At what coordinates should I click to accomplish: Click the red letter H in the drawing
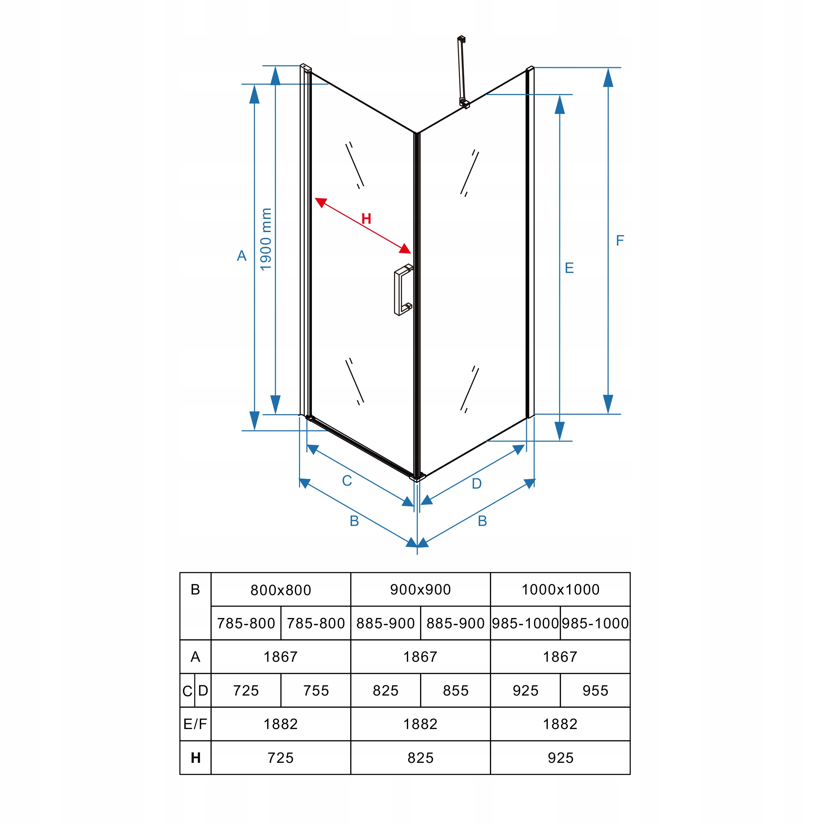coord(366,219)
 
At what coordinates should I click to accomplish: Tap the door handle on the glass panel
coord(402,290)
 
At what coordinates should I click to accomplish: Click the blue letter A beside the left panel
coord(241,256)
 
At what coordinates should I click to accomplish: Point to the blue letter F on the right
coord(620,240)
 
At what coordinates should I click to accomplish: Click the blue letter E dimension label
coord(569,268)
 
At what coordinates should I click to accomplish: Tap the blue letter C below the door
coord(347,481)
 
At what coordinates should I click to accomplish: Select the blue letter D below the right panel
coord(476,484)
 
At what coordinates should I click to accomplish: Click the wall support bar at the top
coord(462,70)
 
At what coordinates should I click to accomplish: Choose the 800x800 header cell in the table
coord(281,590)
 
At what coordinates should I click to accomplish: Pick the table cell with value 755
coord(316,690)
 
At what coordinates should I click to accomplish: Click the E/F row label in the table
coord(195,724)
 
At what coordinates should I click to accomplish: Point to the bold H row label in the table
coord(196,758)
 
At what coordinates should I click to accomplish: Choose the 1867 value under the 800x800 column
coord(281,657)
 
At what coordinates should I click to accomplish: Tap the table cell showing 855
coord(455,690)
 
